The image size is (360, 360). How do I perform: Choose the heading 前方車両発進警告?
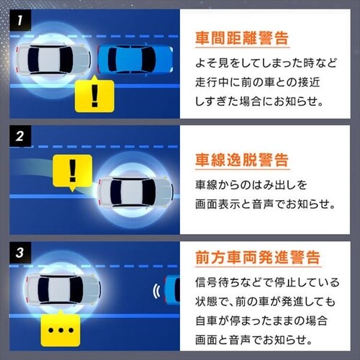[257, 257]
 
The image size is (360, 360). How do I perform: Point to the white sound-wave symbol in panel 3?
[155, 292]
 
